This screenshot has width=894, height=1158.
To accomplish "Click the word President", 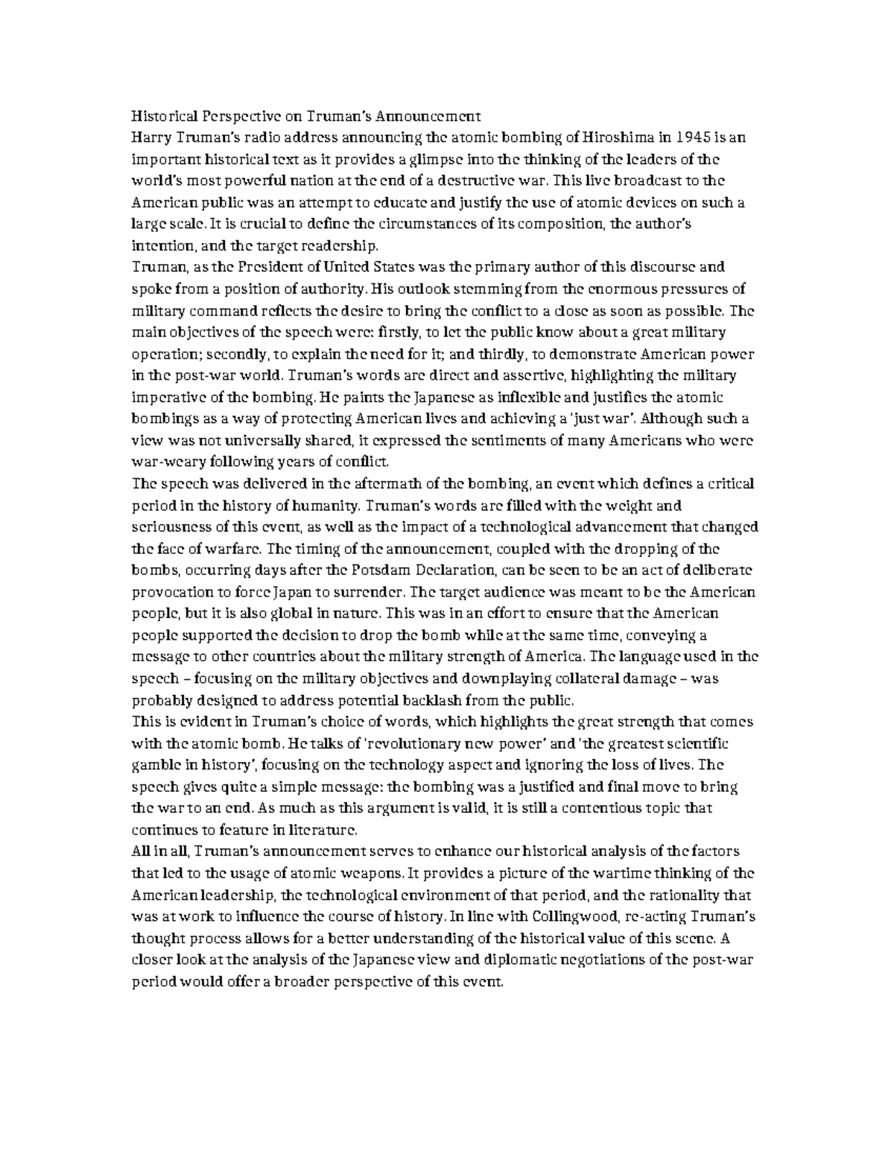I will (261, 268).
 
